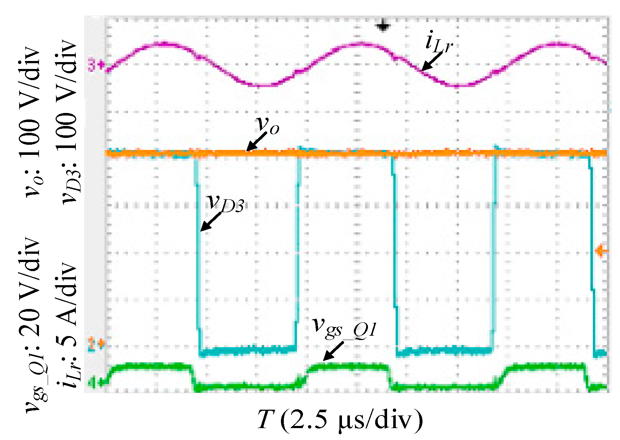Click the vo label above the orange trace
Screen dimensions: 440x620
point(268,125)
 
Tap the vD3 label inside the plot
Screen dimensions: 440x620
point(226,203)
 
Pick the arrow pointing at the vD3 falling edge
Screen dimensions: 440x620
point(211,221)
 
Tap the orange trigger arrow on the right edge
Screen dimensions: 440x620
point(601,251)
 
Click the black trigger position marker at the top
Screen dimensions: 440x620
point(382,26)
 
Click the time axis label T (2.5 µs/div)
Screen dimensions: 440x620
point(339,420)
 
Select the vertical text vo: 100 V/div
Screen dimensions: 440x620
point(31,123)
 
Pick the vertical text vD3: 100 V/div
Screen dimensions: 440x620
point(69,123)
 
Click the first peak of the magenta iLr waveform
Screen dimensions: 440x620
point(164,44)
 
